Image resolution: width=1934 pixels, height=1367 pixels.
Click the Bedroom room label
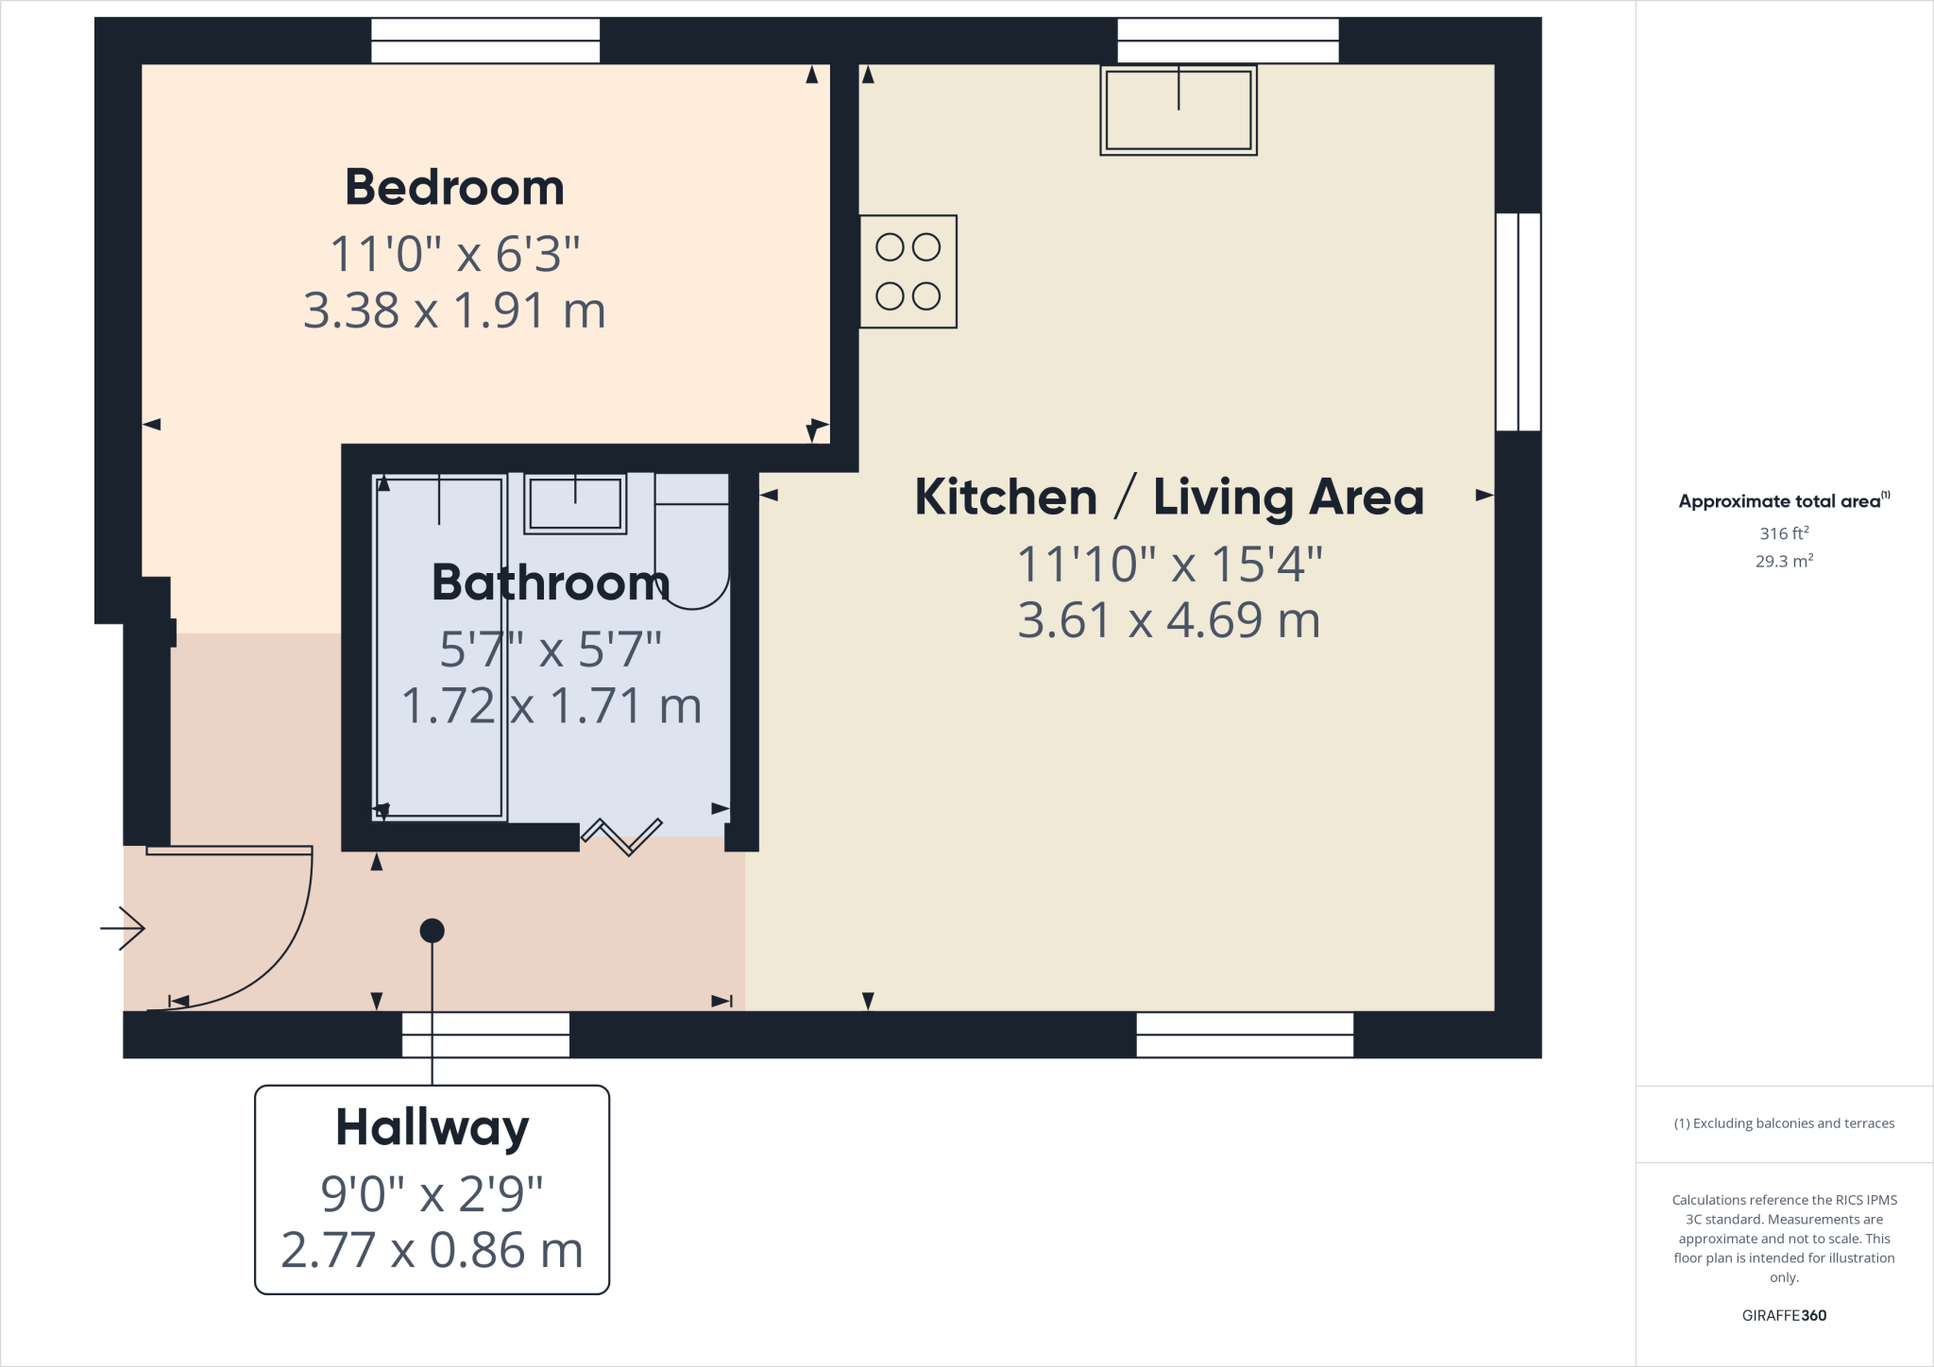pyautogui.click(x=454, y=187)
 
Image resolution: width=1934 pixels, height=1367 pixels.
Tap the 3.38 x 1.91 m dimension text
pyautogui.click(x=454, y=311)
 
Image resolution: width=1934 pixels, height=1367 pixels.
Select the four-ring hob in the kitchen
pyautogui.click(x=908, y=272)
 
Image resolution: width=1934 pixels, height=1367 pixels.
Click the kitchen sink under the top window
pyautogui.click(x=1179, y=110)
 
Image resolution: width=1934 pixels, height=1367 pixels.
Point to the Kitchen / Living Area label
pyautogui.click(x=1169, y=497)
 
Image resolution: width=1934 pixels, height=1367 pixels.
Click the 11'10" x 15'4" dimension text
pyautogui.click(x=1169, y=565)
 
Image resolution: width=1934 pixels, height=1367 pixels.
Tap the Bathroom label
pyautogui.click(x=551, y=582)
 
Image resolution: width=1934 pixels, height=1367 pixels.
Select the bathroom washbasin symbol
pyautogui.click(x=575, y=504)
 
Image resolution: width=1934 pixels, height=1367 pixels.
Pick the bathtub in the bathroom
pyautogui.click(x=439, y=648)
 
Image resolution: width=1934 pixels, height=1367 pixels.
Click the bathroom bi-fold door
pyautogui.click(x=621, y=835)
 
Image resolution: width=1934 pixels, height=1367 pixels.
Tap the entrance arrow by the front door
pyautogui.click(x=123, y=928)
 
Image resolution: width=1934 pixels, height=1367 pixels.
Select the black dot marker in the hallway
pyautogui.click(x=432, y=931)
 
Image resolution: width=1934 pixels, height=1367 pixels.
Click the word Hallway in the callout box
pyautogui.click(x=433, y=1127)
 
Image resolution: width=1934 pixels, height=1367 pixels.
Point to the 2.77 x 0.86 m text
pyautogui.click(x=433, y=1250)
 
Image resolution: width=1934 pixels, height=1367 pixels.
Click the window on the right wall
pyautogui.click(x=1518, y=322)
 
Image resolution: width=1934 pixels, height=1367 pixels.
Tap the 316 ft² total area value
pyautogui.click(x=1784, y=533)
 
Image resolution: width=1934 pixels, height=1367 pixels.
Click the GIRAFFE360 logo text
pyautogui.click(x=1784, y=1315)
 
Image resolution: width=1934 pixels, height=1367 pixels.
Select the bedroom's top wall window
pyautogui.click(x=485, y=41)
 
